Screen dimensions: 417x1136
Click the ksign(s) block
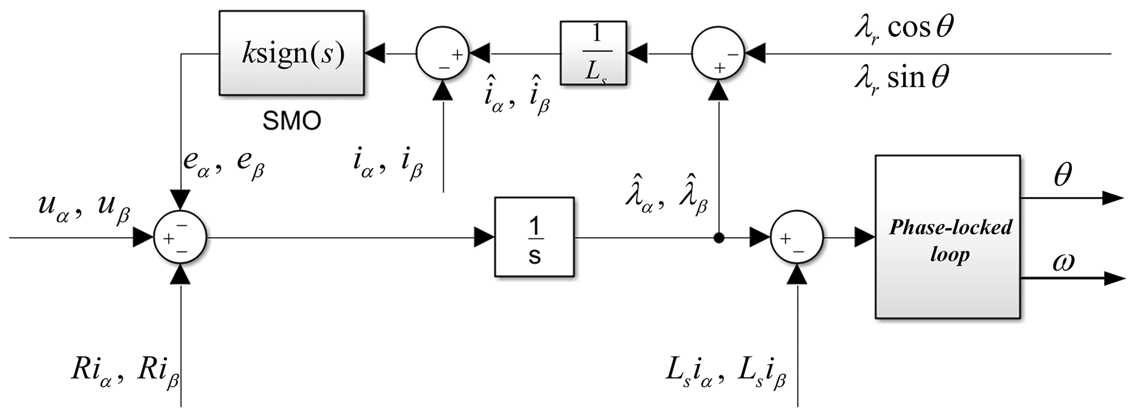tap(291, 53)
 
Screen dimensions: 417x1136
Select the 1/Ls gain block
tap(593, 53)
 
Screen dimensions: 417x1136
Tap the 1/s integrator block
tap(534, 238)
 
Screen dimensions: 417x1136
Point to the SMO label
tap(291, 121)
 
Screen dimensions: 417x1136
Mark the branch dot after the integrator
tap(718, 238)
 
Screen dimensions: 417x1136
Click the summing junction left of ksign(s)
tap(442, 54)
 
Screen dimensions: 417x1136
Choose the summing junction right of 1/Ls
tap(717, 54)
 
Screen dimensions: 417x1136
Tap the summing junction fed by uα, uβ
tap(180, 238)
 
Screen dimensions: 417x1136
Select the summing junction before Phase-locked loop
tap(797, 238)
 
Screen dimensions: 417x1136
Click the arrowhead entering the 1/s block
tap(484, 238)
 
